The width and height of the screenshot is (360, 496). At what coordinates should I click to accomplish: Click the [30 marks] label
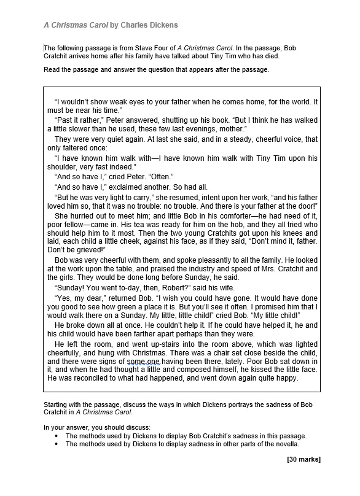tap(303, 459)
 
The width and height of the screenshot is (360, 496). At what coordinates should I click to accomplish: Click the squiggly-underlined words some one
tap(144, 363)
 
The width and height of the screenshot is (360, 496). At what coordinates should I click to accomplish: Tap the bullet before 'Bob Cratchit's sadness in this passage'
tap(56, 436)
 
